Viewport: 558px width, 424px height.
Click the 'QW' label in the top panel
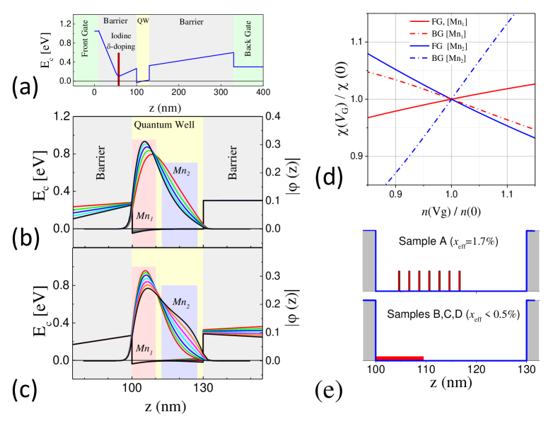144,21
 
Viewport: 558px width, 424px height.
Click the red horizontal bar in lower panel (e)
400,358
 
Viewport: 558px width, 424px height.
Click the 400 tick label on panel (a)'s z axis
262,92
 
